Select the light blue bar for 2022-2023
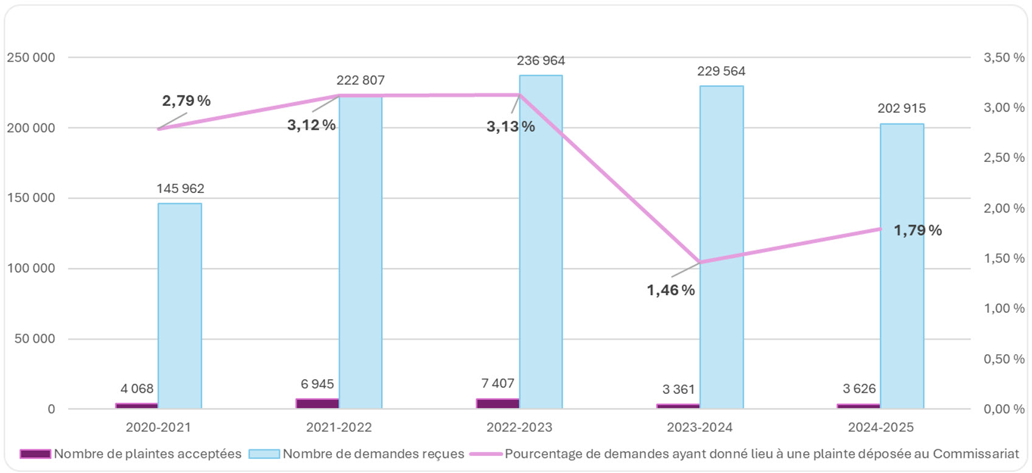[x=541, y=244]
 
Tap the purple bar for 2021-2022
[x=317, y=403]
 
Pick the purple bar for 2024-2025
[x=858, y=405]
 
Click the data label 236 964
[x=541, y=61]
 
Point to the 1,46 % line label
[x=670, y=290]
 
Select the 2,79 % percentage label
[x=186, y=100]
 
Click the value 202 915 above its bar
[x=901, y=108]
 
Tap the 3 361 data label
[x=678, y=390]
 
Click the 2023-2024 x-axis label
[x=700, y=427]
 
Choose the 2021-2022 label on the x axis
[x=339, y=427]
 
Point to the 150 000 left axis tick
[x=30, y=198]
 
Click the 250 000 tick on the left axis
[x=30, y=57]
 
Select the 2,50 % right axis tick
[x=1004, y=158]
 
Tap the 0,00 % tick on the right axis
[x=1004, y=409]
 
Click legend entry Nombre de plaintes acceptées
[x=147, y=454]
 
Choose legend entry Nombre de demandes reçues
[x=373, y=454]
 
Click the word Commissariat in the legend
[x=975, y=454]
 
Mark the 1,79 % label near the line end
[x=918, y=231]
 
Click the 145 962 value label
[x=180, y=189]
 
